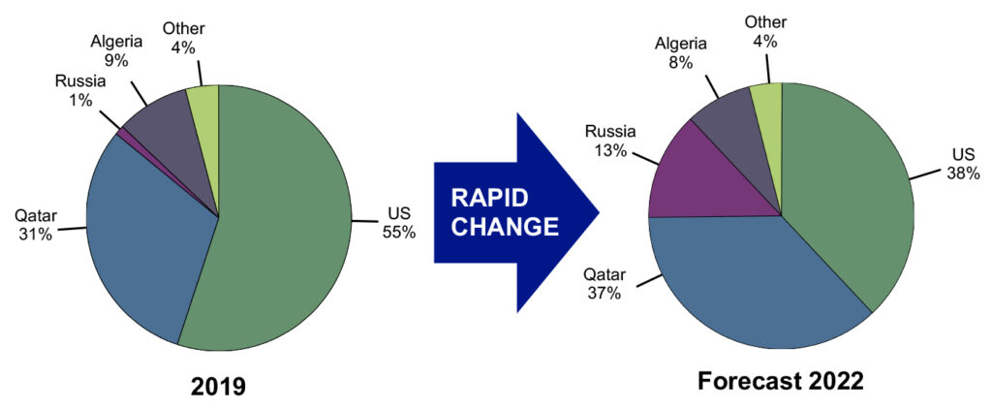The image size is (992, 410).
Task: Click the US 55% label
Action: [398, 224]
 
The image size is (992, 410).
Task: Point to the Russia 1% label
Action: [80, 90]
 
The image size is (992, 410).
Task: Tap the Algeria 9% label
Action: [116, 50]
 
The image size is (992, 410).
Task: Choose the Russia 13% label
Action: [611, 141]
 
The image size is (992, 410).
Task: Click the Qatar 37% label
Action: [603, 283]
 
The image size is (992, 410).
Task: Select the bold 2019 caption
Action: [218, 387]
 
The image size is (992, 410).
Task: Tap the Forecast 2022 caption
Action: [780, 382]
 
